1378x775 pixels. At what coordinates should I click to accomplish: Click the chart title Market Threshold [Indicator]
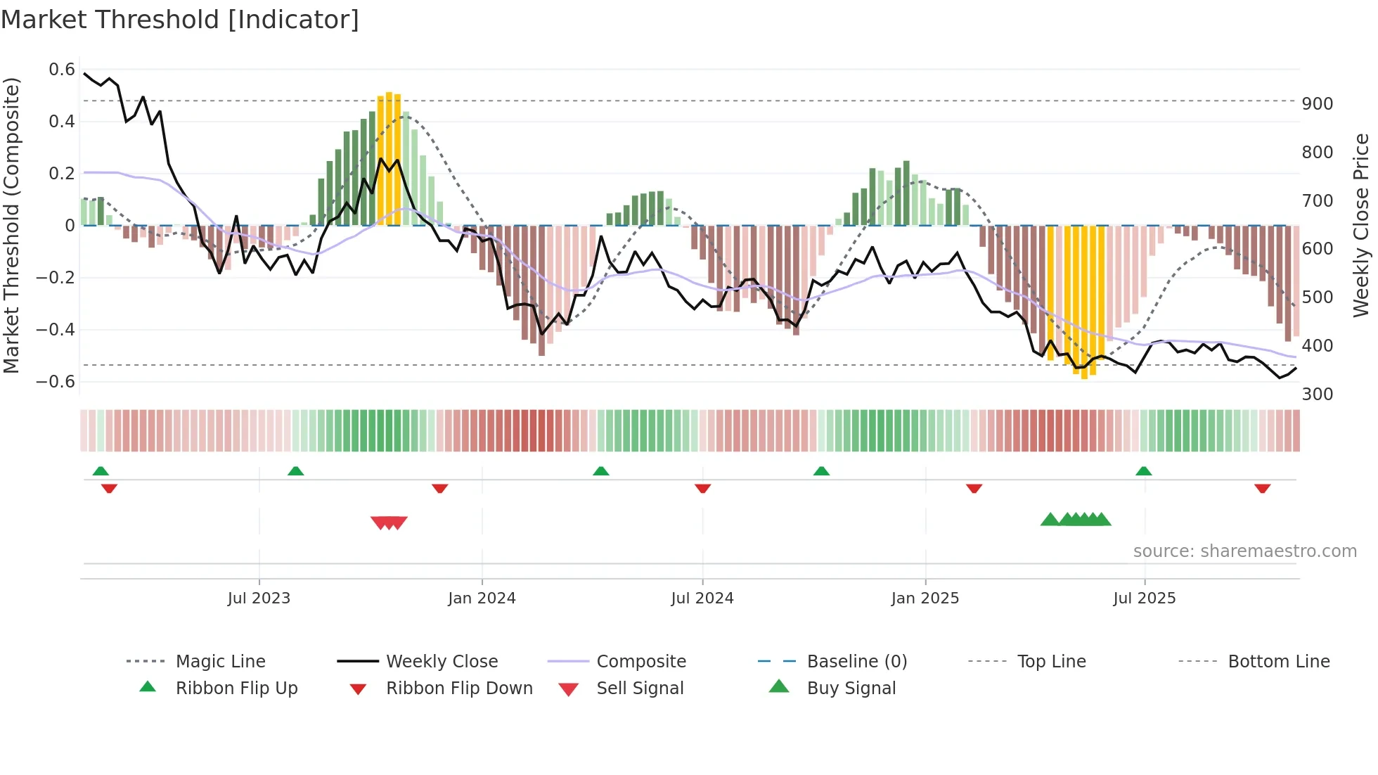click(x=180, y=20)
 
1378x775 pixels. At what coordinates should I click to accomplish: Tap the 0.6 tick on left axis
click(x=62, y=70)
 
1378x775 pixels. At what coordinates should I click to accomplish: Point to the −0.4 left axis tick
click(x=56, y=330)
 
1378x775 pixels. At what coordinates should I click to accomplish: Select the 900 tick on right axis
click(x=1317, y=104)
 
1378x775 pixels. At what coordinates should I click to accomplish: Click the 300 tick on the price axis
click(x=1317, y=395)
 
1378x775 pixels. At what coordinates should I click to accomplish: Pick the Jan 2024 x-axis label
click(x=482, y=598)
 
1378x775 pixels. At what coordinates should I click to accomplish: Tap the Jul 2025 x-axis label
click(x=1144, y=598)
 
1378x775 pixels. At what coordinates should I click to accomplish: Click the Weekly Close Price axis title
click(x=1361, y=225)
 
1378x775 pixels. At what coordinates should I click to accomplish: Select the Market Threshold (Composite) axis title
click(x=11, y=225)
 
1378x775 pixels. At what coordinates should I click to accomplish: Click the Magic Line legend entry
click(x=220, y=662)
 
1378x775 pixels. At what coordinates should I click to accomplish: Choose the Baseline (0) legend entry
click(x=856, y=662)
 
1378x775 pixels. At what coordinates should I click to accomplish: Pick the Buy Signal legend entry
click(x=851, y=688)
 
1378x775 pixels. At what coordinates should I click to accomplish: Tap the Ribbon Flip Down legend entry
click(x=459, y=688)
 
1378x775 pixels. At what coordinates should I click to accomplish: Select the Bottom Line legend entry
click(x=1278, y=662)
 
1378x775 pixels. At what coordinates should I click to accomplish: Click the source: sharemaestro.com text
click(x=1244, y=551)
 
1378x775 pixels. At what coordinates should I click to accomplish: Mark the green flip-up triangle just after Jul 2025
click(x=1143, y=471)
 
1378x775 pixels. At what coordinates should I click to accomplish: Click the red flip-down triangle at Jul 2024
click(x=702, y=488)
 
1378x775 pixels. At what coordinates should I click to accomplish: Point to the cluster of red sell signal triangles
click(x=389, y=523)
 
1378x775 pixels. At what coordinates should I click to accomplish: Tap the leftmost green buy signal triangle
click(x=1050, y=520)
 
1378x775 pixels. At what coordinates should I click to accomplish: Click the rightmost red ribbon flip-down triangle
click(x=1262, y=488)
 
